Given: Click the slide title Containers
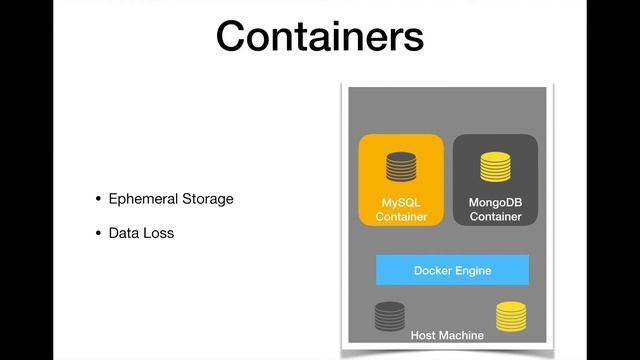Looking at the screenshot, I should (x=320, y=37).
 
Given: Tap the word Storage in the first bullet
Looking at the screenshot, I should (x=207, y=198).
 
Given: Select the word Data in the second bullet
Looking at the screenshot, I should (x=124, y=234).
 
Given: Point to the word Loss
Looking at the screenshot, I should (x=158, y=234).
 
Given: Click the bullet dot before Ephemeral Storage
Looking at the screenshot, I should (x=98, y=199).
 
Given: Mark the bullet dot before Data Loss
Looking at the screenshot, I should (x=98, y=235).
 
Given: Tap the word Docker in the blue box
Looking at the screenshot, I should (x=433, y=270).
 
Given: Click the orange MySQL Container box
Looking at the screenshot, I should (x=401, y=180).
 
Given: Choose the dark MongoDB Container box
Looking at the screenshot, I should (x=495, y=180).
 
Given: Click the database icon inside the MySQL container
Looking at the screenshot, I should (x=401, y=165).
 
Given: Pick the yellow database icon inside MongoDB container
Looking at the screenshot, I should (x=495, y=165).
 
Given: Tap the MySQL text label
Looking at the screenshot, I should (x=401, y=202).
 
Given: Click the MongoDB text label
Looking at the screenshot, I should (x=495, y=202).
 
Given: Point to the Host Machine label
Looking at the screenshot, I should (x=447, y=335).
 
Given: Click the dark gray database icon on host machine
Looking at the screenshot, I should (x=390, y=317).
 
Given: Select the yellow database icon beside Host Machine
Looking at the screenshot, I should (x=511, y=317).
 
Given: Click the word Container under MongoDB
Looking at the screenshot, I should (x=495, y=216).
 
